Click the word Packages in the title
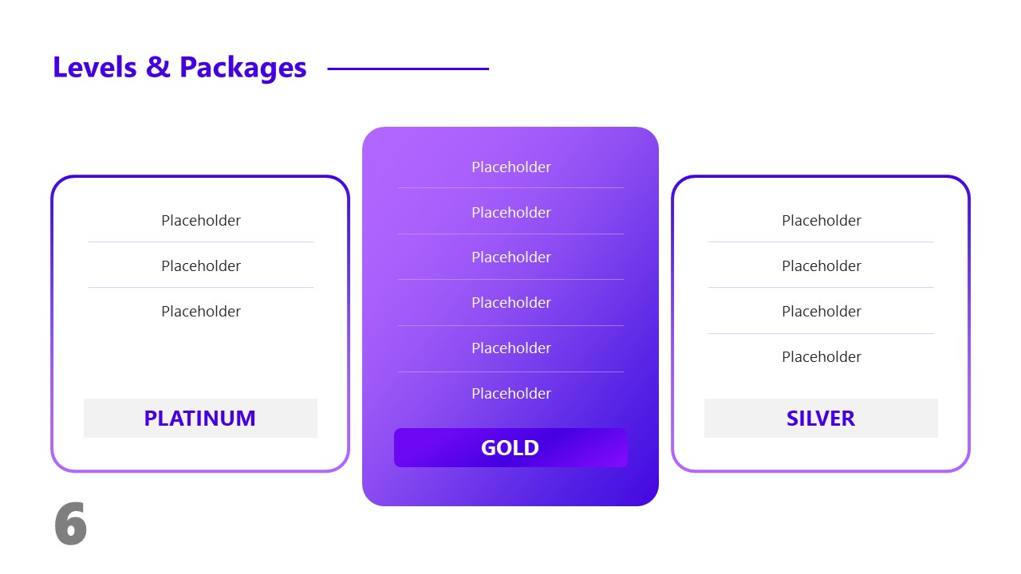(x=242, y=69)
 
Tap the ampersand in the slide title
(x=158, y=68)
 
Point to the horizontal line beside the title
(x=408, y=69)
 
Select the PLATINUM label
(x=200, y=418)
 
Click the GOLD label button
(x=510, y=447)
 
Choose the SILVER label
(x=821, y=418)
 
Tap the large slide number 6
(x=70, y=525)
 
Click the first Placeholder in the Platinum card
(x=201, y=220)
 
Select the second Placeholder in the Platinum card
(x=201, y=265)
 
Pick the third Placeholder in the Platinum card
(x=201, y=311)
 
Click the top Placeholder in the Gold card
(x=511, y=167)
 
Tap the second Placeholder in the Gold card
(x=511, y=212)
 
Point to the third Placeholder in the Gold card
(x=511, y=257)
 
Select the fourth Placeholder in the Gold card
(x=511, y=302)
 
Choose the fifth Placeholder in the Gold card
(x=511, y=348)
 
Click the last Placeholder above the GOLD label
(x=511, y=393)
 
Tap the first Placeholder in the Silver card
(x=822, y=220)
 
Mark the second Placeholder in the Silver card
(x=822, y=265)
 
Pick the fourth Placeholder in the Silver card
(x=822, y=356)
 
